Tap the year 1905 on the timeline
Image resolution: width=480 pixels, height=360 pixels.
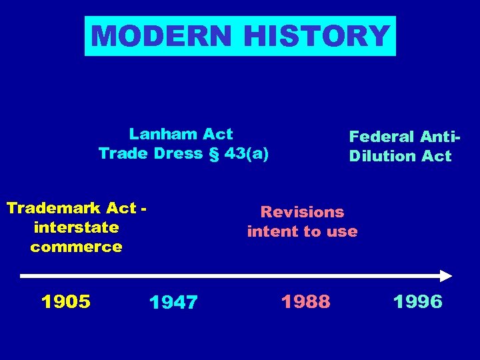(66, 302)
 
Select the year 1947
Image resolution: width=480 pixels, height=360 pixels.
(173, 303)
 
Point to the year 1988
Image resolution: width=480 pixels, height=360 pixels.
(305, 302)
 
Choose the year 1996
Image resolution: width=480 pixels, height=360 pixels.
(418, 302)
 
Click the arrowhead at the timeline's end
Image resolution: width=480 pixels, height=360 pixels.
(446, 275)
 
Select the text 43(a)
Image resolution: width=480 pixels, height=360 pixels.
(247, 153)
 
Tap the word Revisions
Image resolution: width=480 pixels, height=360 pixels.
(303, 212)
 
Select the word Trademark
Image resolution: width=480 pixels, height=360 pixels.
(57, 208)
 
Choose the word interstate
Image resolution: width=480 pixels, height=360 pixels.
(76, 227)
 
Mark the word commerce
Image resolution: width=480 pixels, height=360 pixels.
(76, 247)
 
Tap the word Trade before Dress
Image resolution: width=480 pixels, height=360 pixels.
(122, 153)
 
